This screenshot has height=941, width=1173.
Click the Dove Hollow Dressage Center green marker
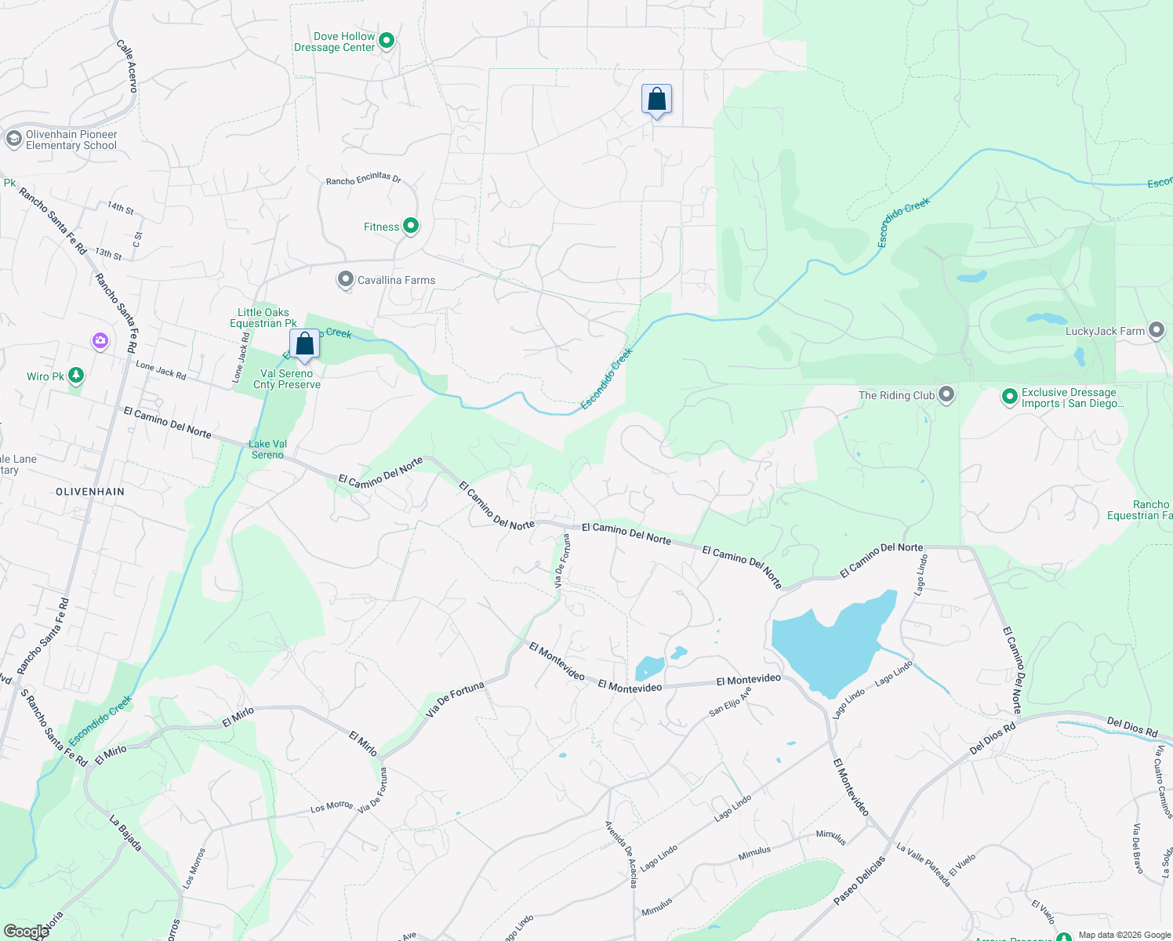click(x=387, y=40)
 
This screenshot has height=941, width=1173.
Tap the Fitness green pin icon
click(x=410, y=227)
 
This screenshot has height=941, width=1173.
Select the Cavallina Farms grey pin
click(x=346, y=280)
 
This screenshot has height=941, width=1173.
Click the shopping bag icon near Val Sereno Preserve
click(x=304, y=344)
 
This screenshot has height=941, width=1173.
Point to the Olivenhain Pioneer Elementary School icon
click(x=13, y=140)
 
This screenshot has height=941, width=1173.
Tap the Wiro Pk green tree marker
click(x=76, y=376)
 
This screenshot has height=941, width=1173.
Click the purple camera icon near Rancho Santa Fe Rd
click(x=100, y=340)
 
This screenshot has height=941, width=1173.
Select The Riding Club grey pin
click(x=946, y=394)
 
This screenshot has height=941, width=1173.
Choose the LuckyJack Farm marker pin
click(x=1157, y=331)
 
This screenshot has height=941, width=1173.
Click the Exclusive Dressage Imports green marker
click(x=1010, y=397)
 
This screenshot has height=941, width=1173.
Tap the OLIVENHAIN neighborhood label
click(x=90, y=492)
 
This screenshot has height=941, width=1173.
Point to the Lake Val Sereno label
click(x=267, y=449)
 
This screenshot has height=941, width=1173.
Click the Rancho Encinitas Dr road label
click(x=364, y=180)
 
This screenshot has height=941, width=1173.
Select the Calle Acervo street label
click(x=127, y=67)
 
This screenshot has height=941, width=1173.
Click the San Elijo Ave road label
click(x=730, y=701)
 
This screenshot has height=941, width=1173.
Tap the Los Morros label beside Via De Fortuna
click(x=331, y=806)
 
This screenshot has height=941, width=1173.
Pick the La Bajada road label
click(x=125, y=834)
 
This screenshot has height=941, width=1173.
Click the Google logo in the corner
click(x=26, y=932)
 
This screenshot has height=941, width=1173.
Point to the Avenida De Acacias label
click(x=621, y=854)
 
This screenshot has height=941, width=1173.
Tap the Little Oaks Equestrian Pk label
click(x=263, y=318)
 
